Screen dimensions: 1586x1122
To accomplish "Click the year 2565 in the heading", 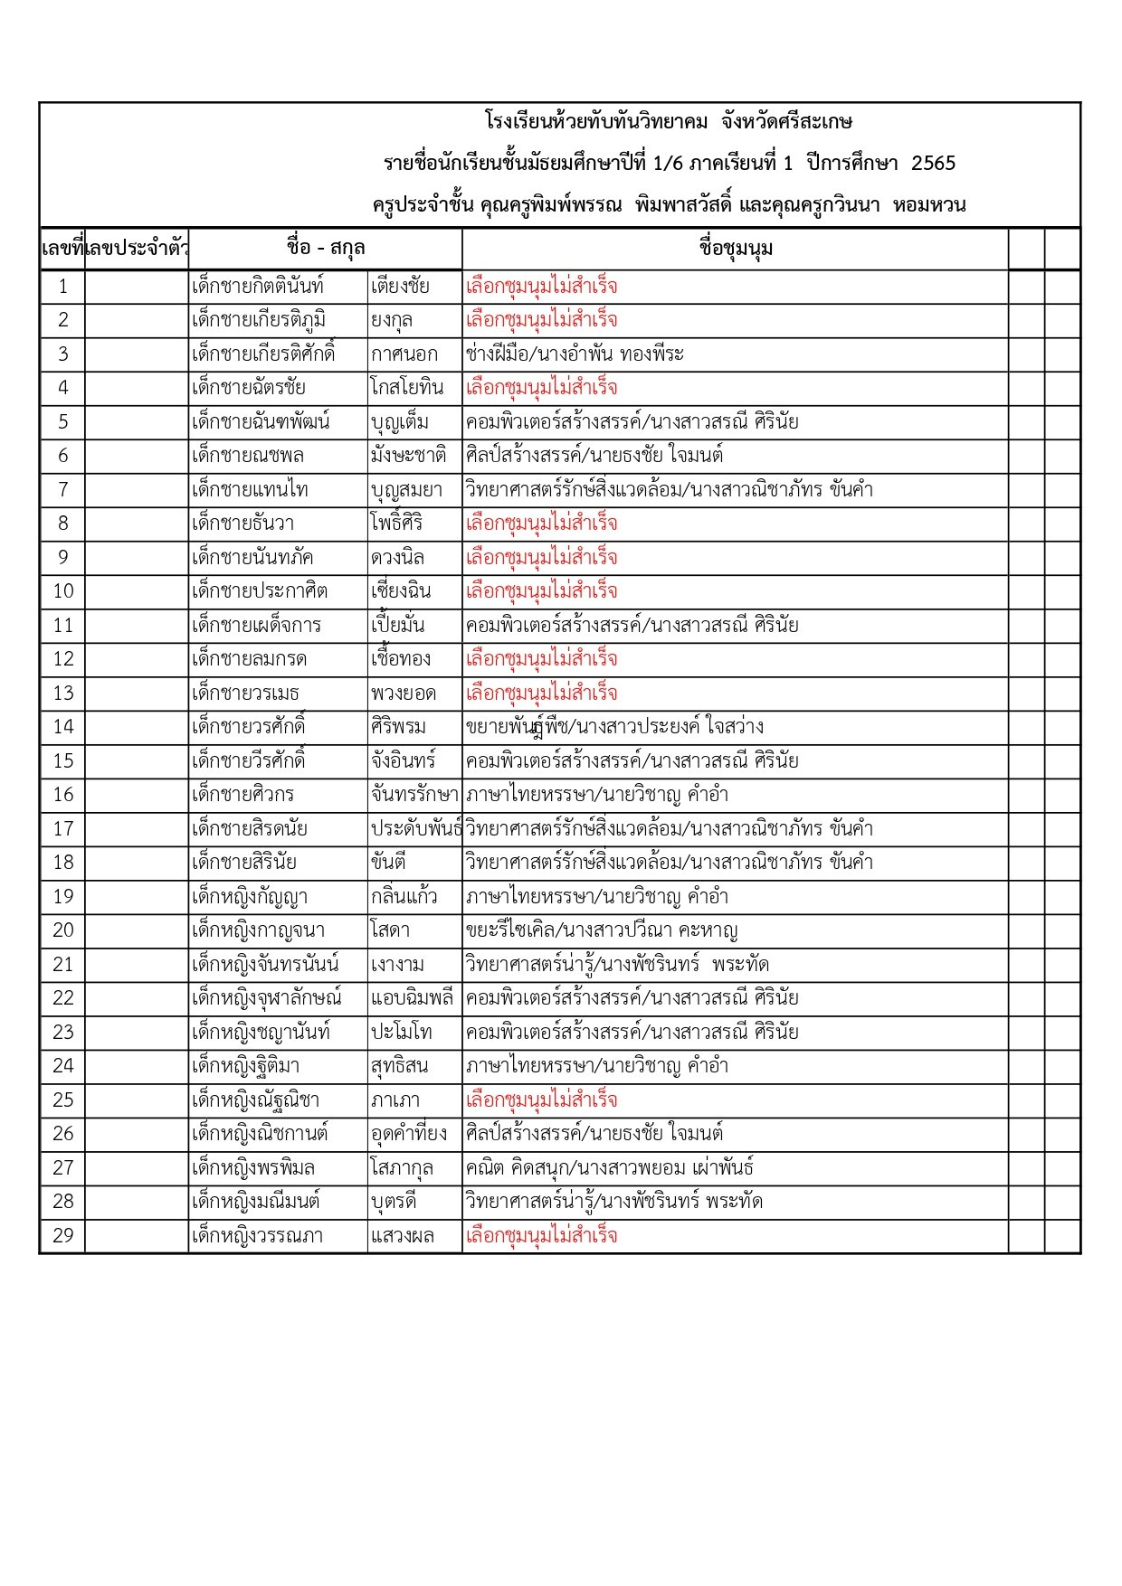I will tap(933, 164).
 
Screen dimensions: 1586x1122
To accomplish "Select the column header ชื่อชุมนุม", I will tap(736, 249).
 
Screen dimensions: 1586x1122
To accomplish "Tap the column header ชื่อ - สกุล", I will tap(325, 249).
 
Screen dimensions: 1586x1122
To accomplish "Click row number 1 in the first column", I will tap(62, 287).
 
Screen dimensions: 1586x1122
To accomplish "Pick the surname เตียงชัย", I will tap(400, 287).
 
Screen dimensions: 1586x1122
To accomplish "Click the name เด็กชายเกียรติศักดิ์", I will tap(263, 354).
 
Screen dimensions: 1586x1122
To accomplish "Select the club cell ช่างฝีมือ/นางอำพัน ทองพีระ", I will tap(575, 354).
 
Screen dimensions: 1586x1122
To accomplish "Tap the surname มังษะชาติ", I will tap(408, 456).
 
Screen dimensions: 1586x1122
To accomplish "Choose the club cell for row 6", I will tap(594, 456).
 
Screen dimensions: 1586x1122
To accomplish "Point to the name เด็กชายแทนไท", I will tap(250, 490).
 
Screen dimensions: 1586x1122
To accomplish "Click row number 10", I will tap(62, 591).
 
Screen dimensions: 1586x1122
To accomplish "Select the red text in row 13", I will tap(541, 694).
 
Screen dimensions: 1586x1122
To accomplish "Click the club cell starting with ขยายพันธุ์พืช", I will tap(614, 727).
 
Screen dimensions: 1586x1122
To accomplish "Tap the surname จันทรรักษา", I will tap(414, 795).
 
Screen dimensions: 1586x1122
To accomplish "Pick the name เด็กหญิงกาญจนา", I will tap(258, 930).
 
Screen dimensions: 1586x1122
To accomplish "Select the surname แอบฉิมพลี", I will tap(412, 998).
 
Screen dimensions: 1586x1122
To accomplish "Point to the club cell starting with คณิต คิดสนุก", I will tap(610, 1167).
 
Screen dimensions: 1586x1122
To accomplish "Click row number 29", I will tap(62, 1235).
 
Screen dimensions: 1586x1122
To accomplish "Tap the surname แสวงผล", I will tap(403, 1235).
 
